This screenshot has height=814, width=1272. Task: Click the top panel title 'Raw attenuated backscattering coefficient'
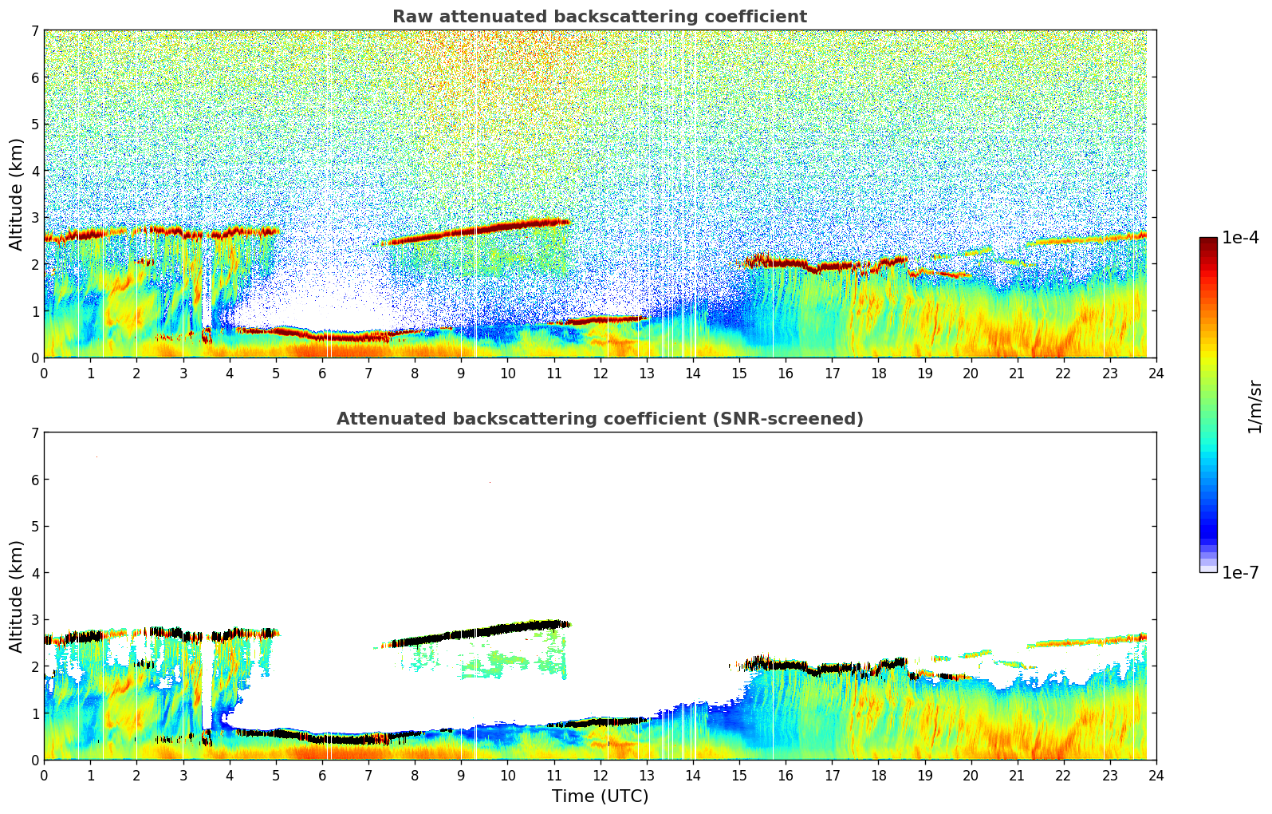point(599,17)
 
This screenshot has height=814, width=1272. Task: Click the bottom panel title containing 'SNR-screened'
point(599,419)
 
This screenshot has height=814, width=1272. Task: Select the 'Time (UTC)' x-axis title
point(600,796)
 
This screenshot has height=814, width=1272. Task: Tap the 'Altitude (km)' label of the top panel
point(17,194)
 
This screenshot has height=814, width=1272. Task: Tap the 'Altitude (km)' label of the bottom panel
point(17,596)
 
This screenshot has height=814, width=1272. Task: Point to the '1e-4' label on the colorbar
point(1240,238)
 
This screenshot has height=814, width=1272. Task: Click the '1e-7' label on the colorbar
point(1240,573)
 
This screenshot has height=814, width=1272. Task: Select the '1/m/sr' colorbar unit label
point(1254,406)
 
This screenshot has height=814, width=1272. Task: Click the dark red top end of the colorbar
point(1208,241)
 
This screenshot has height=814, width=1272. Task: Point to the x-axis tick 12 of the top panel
point(600,373)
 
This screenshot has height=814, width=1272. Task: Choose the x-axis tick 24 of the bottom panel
point(1156,775)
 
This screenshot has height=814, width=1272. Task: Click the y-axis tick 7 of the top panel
point(34,31)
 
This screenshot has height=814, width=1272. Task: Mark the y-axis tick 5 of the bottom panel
point(34,527)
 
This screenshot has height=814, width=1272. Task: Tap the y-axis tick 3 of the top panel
point(34,218)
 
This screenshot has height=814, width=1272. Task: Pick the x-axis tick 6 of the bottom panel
point(322,775)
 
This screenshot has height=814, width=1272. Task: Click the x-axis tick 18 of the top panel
point(878,373)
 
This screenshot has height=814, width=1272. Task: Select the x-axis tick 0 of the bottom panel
point(44,775)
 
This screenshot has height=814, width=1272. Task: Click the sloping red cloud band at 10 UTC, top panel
point(507,227)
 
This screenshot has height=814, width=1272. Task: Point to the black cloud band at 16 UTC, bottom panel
point(786,665)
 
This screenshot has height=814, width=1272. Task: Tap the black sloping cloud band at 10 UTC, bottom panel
point(507,630)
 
